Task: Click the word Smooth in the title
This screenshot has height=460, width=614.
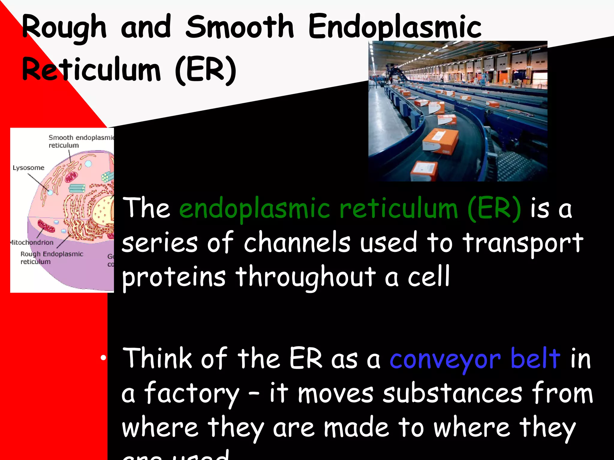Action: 239,27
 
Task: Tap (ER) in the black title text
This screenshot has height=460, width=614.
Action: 206,70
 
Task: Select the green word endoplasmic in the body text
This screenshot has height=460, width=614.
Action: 255,208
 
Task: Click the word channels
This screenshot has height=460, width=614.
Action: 297,243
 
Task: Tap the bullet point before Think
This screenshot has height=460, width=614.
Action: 103,358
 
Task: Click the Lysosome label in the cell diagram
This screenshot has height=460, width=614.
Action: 28,168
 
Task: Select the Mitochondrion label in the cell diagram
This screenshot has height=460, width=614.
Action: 31,242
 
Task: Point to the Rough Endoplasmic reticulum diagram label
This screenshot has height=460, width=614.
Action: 52,258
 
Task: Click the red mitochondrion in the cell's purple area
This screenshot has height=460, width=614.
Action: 46,226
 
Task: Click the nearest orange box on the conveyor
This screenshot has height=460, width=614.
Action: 424,172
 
